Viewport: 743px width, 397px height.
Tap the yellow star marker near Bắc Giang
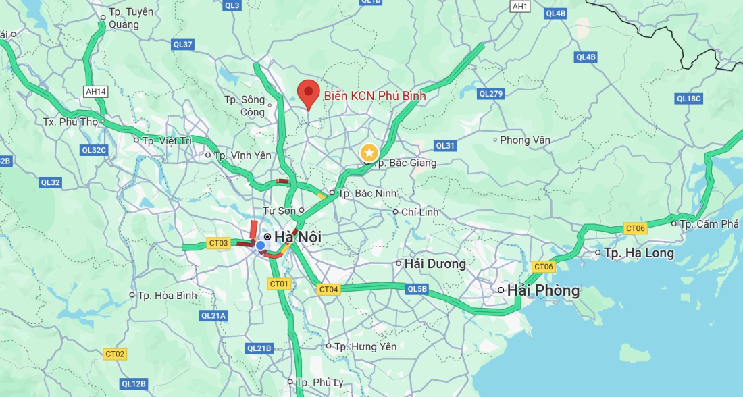pyautogui.click(x=369, y=153)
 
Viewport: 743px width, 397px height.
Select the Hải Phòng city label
pyautogui.click(x=543, y=290)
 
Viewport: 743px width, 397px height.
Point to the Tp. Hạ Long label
pyautogui.click(x=638, y=253)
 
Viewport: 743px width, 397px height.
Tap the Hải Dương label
pyautogui.click(x=435, y=263)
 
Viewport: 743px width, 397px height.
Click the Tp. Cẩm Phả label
pyautogui.click(x=709, y=223)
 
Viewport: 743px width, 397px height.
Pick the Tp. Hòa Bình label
pyautogui.click(x=167, y=295)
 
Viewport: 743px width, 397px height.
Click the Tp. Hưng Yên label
pyautogui.click(x=365, y=346)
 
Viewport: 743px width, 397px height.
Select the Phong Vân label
pyautogui.click(x=525, y=140)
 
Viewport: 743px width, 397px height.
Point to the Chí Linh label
pyautogui.click(x=419, y=212)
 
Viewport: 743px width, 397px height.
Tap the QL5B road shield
pyautogui.click(x=417, y=290)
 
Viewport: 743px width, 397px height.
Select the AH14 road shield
pyautogui.click(x=96, y=91)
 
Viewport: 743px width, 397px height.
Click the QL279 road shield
pyautogui.click(x=490, y=94)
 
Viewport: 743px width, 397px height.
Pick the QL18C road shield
pyautogui.click(x=689, y=99)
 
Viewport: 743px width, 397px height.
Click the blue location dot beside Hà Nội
pyautogui.click(x=260, y=245)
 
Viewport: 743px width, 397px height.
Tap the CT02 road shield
pyautogui.click(x=115, y=354)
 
